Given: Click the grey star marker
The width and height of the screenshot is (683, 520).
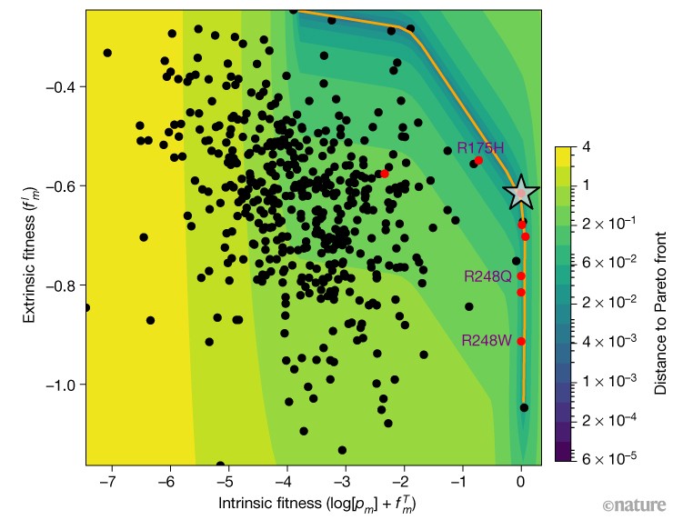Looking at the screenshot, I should point(521,193).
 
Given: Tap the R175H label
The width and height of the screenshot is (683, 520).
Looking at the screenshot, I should point(480,148).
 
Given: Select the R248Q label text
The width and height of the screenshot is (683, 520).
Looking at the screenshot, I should point(487,276).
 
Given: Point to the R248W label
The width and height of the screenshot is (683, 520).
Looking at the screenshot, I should point(487,341).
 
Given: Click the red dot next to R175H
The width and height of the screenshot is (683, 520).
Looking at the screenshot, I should point(478,161).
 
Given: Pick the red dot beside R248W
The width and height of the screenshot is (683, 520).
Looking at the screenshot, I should point(521,341).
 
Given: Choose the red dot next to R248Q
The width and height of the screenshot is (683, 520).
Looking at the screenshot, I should point(521,275).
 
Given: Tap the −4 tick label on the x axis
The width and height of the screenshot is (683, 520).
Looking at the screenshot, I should point(286,483).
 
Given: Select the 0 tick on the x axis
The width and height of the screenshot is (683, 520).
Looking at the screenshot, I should point(521,483).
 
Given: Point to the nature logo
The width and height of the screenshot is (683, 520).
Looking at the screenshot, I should point(633,505).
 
